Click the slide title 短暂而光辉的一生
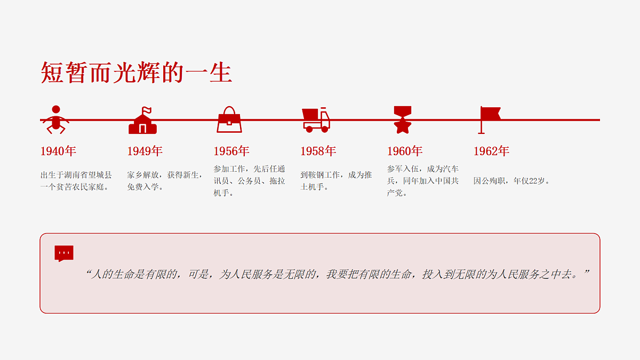(x=137, y=73)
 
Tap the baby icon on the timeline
(x=56, y=120)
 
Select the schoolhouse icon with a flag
(x=142, y=121)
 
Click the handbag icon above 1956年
(x=229, y=119)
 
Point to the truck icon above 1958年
(x=316, y=120)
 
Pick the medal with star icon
(x=403, y=119)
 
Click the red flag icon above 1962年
(x=490, y=120)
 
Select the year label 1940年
(x=58, y=151)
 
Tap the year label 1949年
(x=145, y=151)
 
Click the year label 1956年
(x=231, y=151)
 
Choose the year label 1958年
(x=318, y=151)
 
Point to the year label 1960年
(x=405, y=151)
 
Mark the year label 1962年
(x=491, y=151)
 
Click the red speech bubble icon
(x=64, y=253)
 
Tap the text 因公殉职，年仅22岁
(x=511, y=181)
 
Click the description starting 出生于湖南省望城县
(x=76, y=181)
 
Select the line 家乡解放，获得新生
(x=165, y=175)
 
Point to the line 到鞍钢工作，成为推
(x=336, y=175)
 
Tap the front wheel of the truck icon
(x=325, y=129)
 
